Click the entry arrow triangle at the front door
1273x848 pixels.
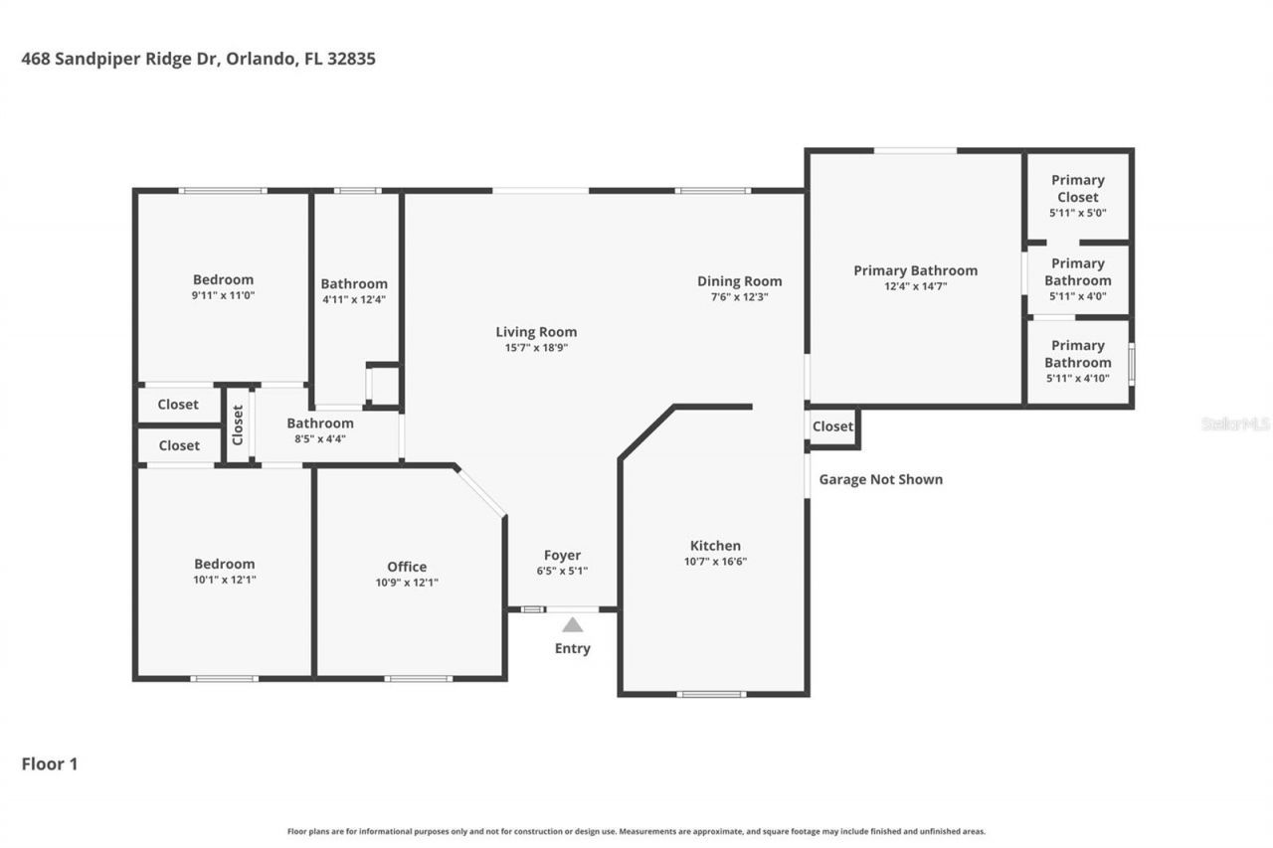[x=572, y=625]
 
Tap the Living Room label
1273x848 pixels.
[x=536, y=332]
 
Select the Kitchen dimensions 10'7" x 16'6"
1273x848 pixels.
[x=715, y=561]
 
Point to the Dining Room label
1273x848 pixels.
[x=739, y=281]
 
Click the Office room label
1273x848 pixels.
[x=407, y=567]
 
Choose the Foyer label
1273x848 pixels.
[x=562, y=555]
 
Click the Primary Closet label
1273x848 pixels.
[x=1077, y=188]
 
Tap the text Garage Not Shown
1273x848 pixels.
[x=880, y=479]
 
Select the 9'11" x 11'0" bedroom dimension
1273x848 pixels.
[x=223, y=295]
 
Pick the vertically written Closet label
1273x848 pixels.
[x=238, y=424]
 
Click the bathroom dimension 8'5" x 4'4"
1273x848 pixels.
[x=319, y=438]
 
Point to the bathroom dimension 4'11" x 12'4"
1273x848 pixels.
[x=353, y=299]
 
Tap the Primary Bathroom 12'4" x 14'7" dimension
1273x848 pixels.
[x=915, y=286]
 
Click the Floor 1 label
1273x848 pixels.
[x=50, y=763]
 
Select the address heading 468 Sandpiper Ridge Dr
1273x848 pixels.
[x=198, y=59]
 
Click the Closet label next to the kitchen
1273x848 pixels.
[x=832, y=426]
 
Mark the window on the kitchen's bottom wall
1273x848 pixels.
[x=711, y=694]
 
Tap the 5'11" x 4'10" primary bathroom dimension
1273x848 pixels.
[x=1077, y=379]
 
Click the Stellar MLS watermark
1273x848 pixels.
[x=1235, y=424]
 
